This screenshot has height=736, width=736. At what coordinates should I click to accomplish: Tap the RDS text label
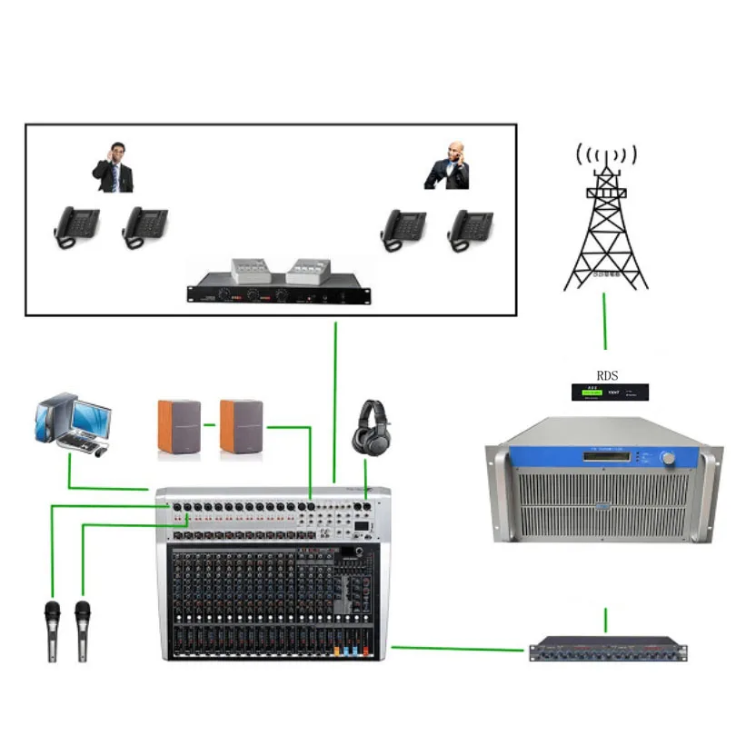tap(606, 374)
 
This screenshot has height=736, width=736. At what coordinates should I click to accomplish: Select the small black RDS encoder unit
tap(608, 393)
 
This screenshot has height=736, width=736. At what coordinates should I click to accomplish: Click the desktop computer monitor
tap(91, 419)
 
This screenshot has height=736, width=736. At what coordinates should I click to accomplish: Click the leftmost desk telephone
tap(76, 226)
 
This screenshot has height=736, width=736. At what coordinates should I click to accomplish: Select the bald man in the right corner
tap(448, 165)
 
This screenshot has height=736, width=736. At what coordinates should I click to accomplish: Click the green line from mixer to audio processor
tap(459, 649)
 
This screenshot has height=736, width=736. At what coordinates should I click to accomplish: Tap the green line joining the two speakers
tap(210, 424)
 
